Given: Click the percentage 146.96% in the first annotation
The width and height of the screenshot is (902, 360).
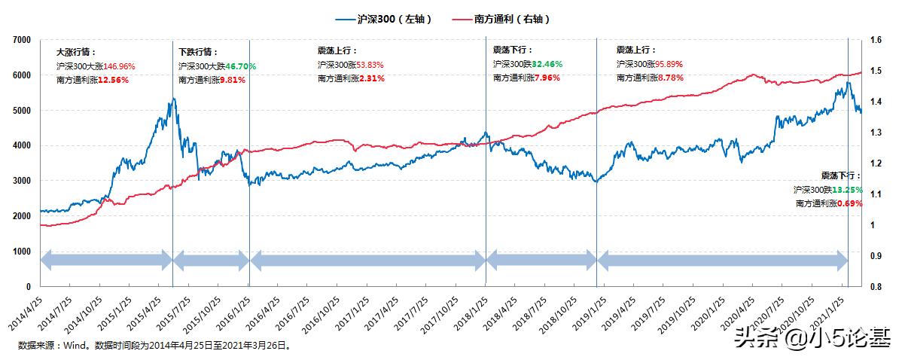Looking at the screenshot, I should coord(119,67).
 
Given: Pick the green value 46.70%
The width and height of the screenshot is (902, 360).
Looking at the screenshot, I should coord(241,67).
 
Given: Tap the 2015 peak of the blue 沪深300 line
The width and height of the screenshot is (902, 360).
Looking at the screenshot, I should coord(173,99).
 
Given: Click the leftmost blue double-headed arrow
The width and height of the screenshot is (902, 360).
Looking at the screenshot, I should coord(105,261).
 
